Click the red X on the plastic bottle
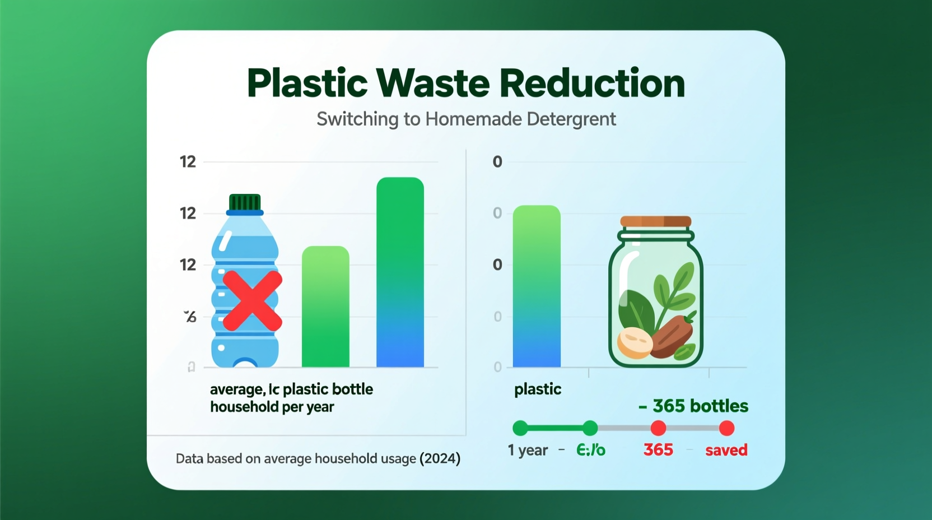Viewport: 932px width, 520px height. coord(252,300)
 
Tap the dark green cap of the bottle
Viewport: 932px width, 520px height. coord(245,202)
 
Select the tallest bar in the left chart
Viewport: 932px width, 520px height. coord(400,272)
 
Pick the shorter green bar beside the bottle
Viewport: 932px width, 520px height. coord(325,307)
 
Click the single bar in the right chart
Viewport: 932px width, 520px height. coord(537,286)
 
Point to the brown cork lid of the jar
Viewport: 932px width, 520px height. coord(656,221)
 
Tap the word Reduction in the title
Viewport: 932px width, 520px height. coord(592,83)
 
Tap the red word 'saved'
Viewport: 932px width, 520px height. coord(726,450)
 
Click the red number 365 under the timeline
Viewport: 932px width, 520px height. coord(658,450)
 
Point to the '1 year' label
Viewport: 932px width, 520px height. coord(528,450)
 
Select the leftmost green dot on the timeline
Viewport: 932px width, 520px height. coord(520,428)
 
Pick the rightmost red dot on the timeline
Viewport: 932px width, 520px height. coord(726,428)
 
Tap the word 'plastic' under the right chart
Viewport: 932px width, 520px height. coord(538,389)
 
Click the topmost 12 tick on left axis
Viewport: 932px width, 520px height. coord(188,162)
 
